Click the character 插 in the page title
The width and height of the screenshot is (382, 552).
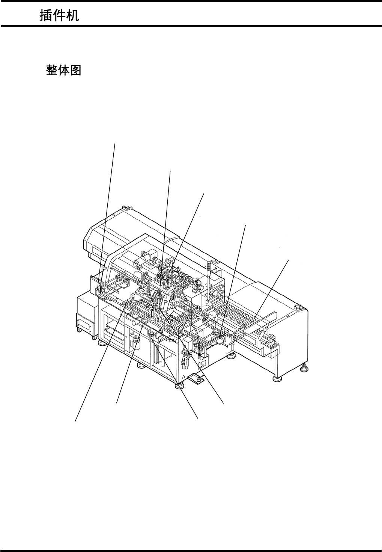click(x=46, y=16)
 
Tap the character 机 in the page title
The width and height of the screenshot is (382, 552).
click(x=72, y=16)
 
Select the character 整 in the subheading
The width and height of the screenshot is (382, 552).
click(x=52, y=70)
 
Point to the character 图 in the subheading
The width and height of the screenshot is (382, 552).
click(x=75, y=70)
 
